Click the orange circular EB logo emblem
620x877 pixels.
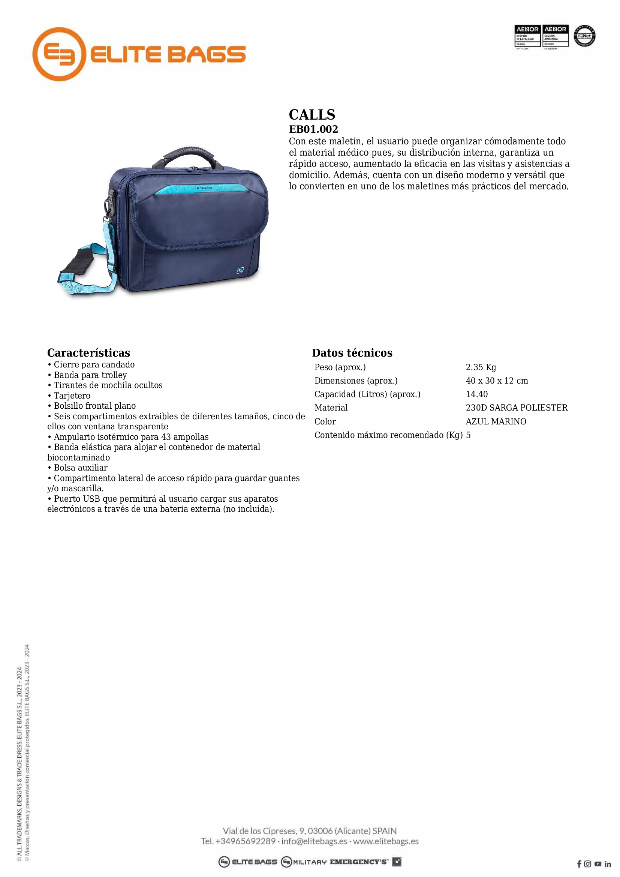59,54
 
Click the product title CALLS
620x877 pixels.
312,115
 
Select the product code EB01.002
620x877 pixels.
313,129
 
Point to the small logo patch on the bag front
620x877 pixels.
240,270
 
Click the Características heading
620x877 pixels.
88,352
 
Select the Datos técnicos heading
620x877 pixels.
352,352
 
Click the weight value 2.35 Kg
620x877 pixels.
481,367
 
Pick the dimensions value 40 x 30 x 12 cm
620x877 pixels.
497,381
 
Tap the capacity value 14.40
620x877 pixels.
476,394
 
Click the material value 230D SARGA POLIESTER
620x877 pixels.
517,408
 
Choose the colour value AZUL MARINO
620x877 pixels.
496,421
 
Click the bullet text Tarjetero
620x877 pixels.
72,396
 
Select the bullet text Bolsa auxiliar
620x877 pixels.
81,468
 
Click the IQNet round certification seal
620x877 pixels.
584,36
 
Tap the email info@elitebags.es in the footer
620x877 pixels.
314,841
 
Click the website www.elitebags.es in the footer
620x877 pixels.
386,841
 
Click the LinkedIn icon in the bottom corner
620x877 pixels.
607,864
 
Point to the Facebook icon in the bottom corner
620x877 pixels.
579,864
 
